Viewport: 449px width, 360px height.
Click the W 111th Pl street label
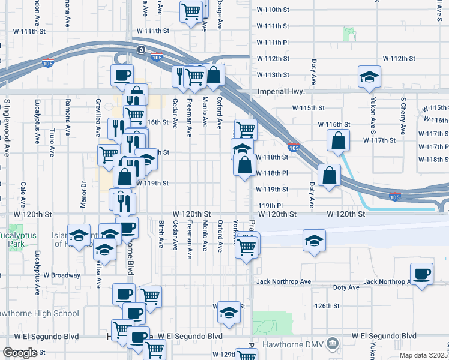pyautogui.click(x=273, y=43)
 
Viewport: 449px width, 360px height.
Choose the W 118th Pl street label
pyautogui.click(x=273, y=173)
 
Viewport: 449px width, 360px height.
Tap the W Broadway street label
pyautogui.click(x=61, y=275)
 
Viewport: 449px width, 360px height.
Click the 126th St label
pyautogui.click(x=327, y=305)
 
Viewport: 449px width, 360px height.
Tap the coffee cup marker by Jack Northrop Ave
pyautogui.click(x=421, y=274)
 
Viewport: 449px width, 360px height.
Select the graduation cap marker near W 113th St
pyautogui.click(x=370, y=76)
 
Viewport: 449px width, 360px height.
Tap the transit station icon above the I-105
pyautogui.click(x=140, y=49)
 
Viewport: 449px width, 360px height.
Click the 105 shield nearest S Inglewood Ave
pyautogui.click(x=46, y=61)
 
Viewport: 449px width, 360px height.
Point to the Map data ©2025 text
pyautogui.click(x=424, y=355)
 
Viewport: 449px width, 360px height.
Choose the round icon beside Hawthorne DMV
pyautogui.click(x=334, y=344)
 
